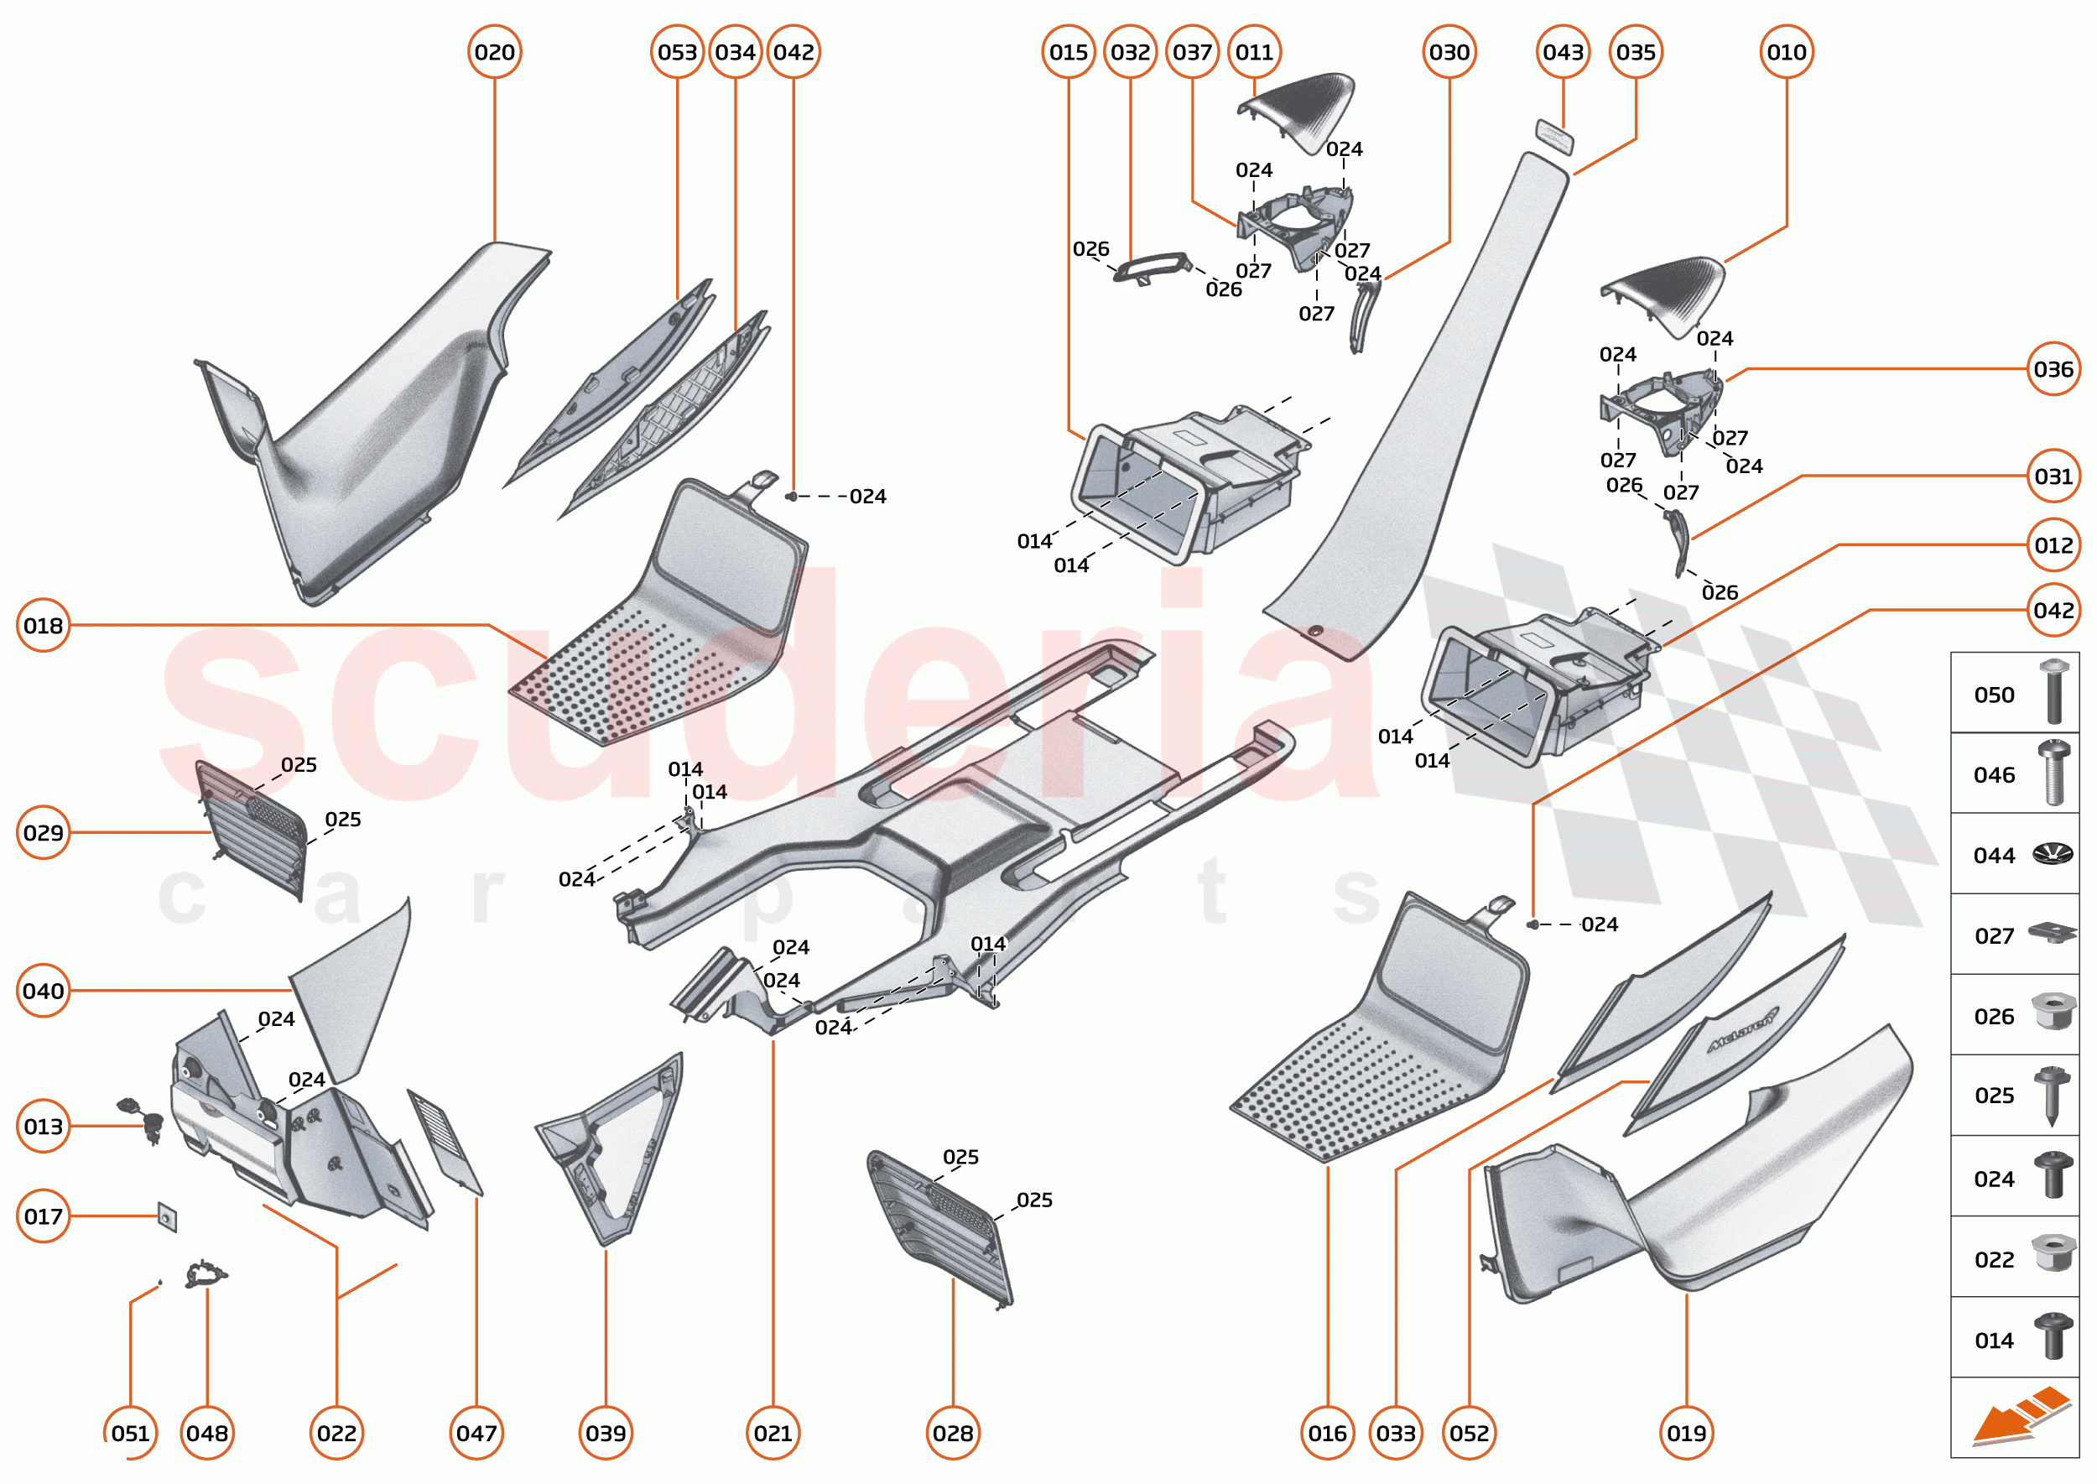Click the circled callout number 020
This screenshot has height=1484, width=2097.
(494, 52)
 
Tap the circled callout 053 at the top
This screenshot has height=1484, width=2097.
(677, 52)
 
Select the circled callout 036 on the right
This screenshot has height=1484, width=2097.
(2053, 369)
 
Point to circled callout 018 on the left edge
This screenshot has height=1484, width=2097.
(43, 626)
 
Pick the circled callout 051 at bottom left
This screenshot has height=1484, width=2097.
(130, 1433)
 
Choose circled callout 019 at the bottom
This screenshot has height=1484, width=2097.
(1686, 1433)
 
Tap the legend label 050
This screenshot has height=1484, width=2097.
(1994, 695)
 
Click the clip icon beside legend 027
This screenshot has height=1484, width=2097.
(2052, 934)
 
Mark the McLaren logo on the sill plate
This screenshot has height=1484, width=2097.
(1743, 1030)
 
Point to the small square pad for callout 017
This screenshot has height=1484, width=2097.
(167, 1217)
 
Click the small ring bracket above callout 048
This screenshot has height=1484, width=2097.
(206, 1273)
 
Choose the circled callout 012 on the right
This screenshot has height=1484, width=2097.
(2053, 545)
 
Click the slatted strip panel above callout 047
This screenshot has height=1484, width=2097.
(445, 1143)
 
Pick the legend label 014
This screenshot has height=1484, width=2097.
(1994, 1341)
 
